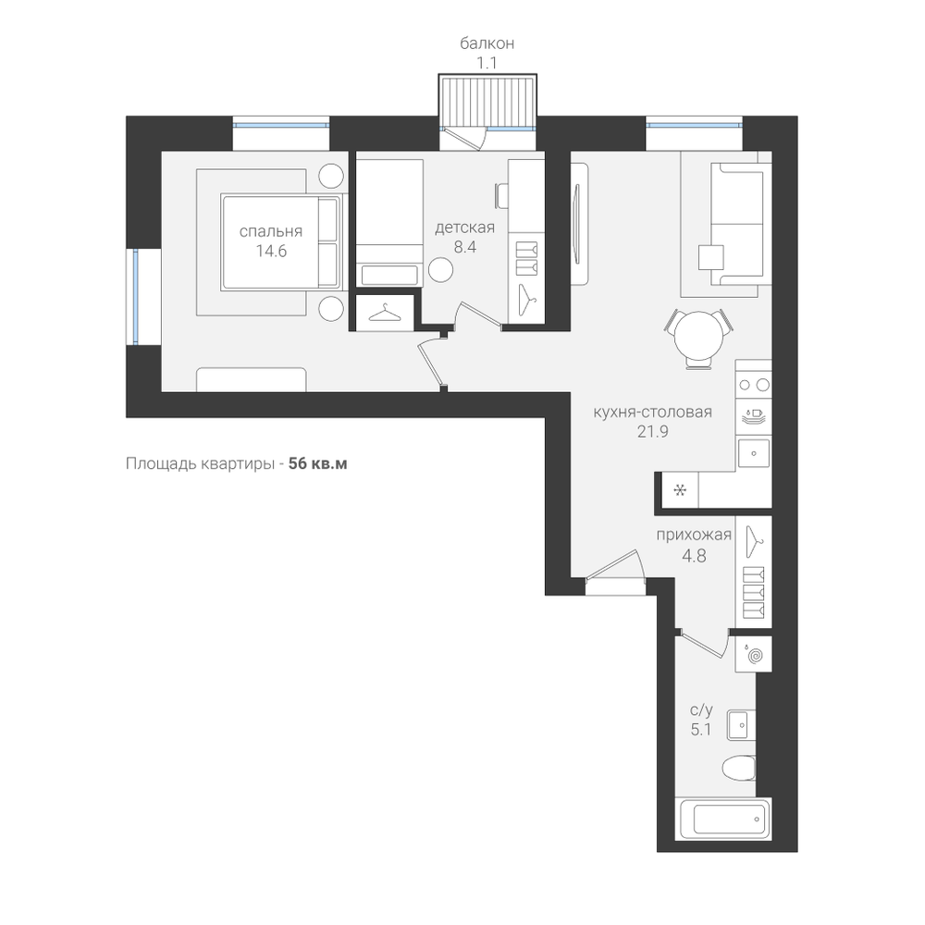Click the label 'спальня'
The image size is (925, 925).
pos(271,231)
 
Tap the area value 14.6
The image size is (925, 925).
pos(271,252)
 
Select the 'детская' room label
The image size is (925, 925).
pos(465,228)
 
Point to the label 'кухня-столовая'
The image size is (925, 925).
pos(652,412)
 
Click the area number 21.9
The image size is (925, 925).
pos(652,432)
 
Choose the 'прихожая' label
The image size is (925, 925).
pos(694,535)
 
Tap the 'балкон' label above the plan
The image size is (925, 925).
pos(487,43)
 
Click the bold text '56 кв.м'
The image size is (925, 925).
pos(318,463)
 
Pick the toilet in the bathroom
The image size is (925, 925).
pos(738,768)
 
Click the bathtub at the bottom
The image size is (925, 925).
pos(725,819)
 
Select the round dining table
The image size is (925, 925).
pos(699,335)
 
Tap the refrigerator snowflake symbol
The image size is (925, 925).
pos(680,490)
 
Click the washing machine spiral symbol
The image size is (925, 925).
pos(754,654)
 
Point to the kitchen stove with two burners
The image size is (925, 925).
pos(753,386)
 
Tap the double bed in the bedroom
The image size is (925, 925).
pos(281,242)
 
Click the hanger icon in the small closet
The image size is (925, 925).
pos(384,313)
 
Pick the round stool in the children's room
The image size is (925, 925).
pos(440,270)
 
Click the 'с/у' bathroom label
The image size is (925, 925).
pos(701,709)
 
